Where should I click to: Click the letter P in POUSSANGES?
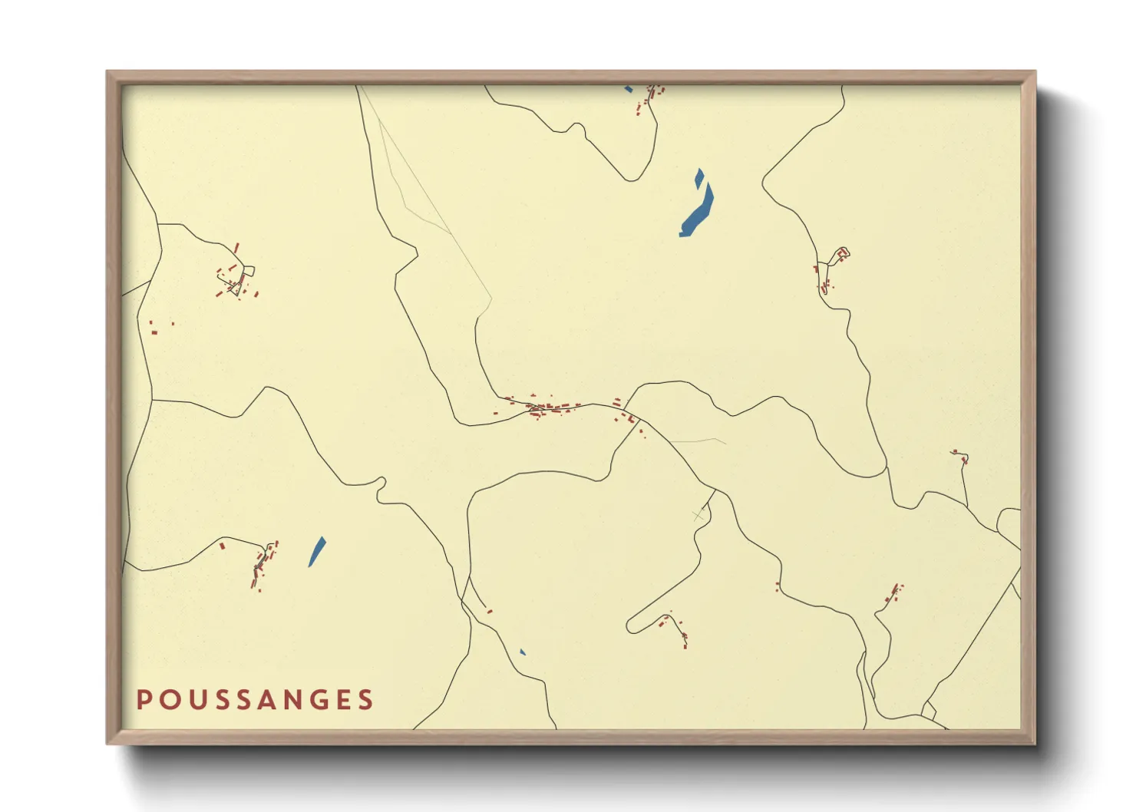(143, 700)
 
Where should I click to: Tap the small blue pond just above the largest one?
(698, 179)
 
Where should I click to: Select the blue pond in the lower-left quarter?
(316, 552)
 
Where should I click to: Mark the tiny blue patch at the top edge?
(629, 89)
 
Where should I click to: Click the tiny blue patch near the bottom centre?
(522, 652)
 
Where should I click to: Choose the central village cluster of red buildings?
(553, 406)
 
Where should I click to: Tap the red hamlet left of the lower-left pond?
(261, 565)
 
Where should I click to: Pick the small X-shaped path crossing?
(698, 516)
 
